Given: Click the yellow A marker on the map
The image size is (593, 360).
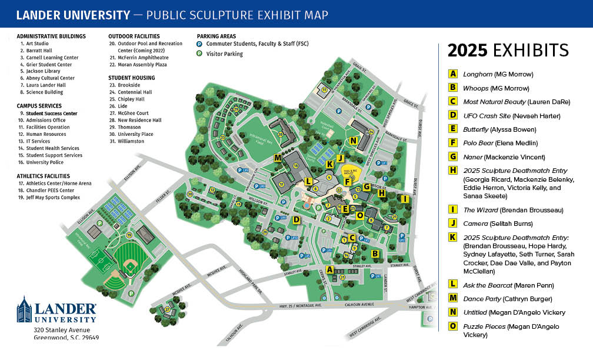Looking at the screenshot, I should [329, 269].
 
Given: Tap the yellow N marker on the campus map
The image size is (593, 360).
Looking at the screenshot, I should [353, 141].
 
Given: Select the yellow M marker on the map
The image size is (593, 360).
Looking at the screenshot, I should [278, 158].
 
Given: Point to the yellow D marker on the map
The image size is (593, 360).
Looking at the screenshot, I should [297, 220].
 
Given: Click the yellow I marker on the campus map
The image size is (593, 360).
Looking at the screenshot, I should [404, 199].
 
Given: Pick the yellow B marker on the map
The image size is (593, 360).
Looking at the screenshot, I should [374, 254].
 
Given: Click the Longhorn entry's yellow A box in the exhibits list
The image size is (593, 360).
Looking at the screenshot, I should [453, 74].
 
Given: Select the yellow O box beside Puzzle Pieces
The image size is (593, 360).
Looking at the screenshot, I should [453, 326].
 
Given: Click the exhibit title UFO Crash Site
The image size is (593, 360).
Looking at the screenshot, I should [487, 115].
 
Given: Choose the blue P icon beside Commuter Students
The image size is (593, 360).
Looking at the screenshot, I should [199, 44].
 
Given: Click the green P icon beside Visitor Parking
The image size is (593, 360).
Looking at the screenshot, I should [199, 54].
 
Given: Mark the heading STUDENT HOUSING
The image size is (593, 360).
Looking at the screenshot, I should [131, 78].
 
